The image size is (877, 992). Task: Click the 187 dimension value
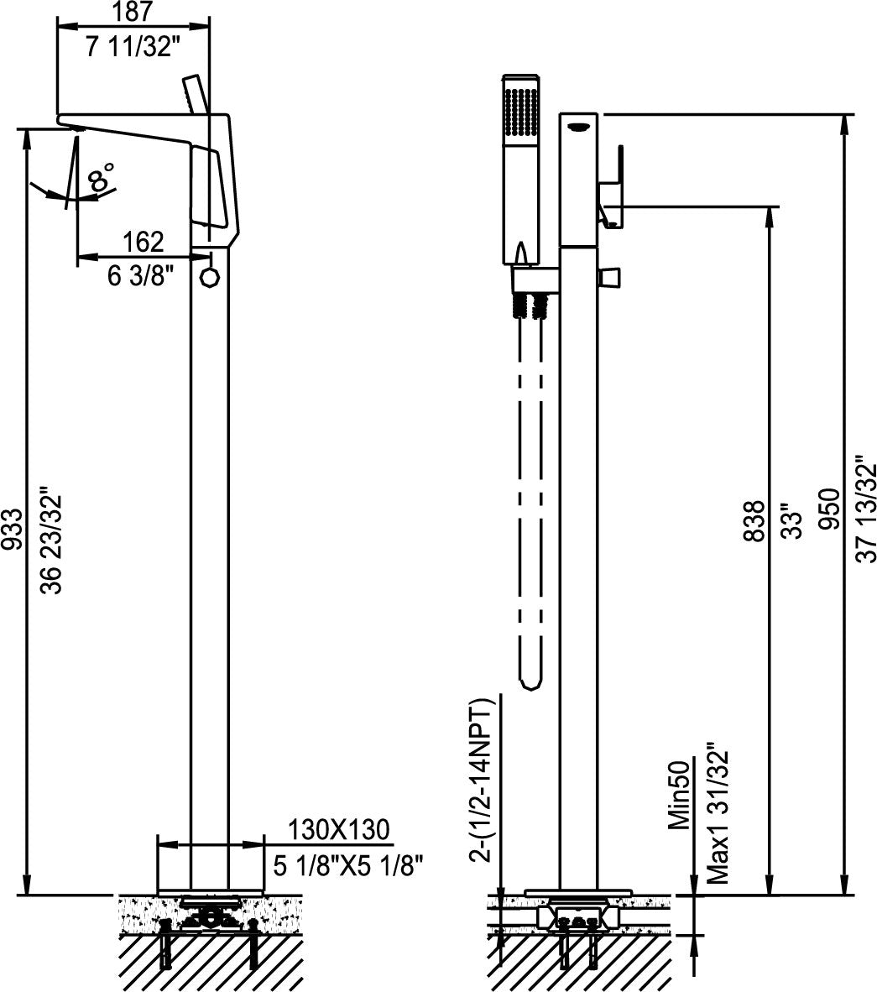pyautogui.click(x=133, y=12)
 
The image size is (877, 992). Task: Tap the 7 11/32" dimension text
pyautogui.click(x=133, y=48)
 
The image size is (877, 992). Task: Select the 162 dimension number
pyautogui.click(x=143, y=242)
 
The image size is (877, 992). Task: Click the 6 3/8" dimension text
pyautogui.click(x=141, y=276)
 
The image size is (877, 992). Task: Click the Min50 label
pyautogui.click(x=679, y=793)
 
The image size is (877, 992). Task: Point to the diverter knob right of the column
pyautogui.click(x=610, y=276)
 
